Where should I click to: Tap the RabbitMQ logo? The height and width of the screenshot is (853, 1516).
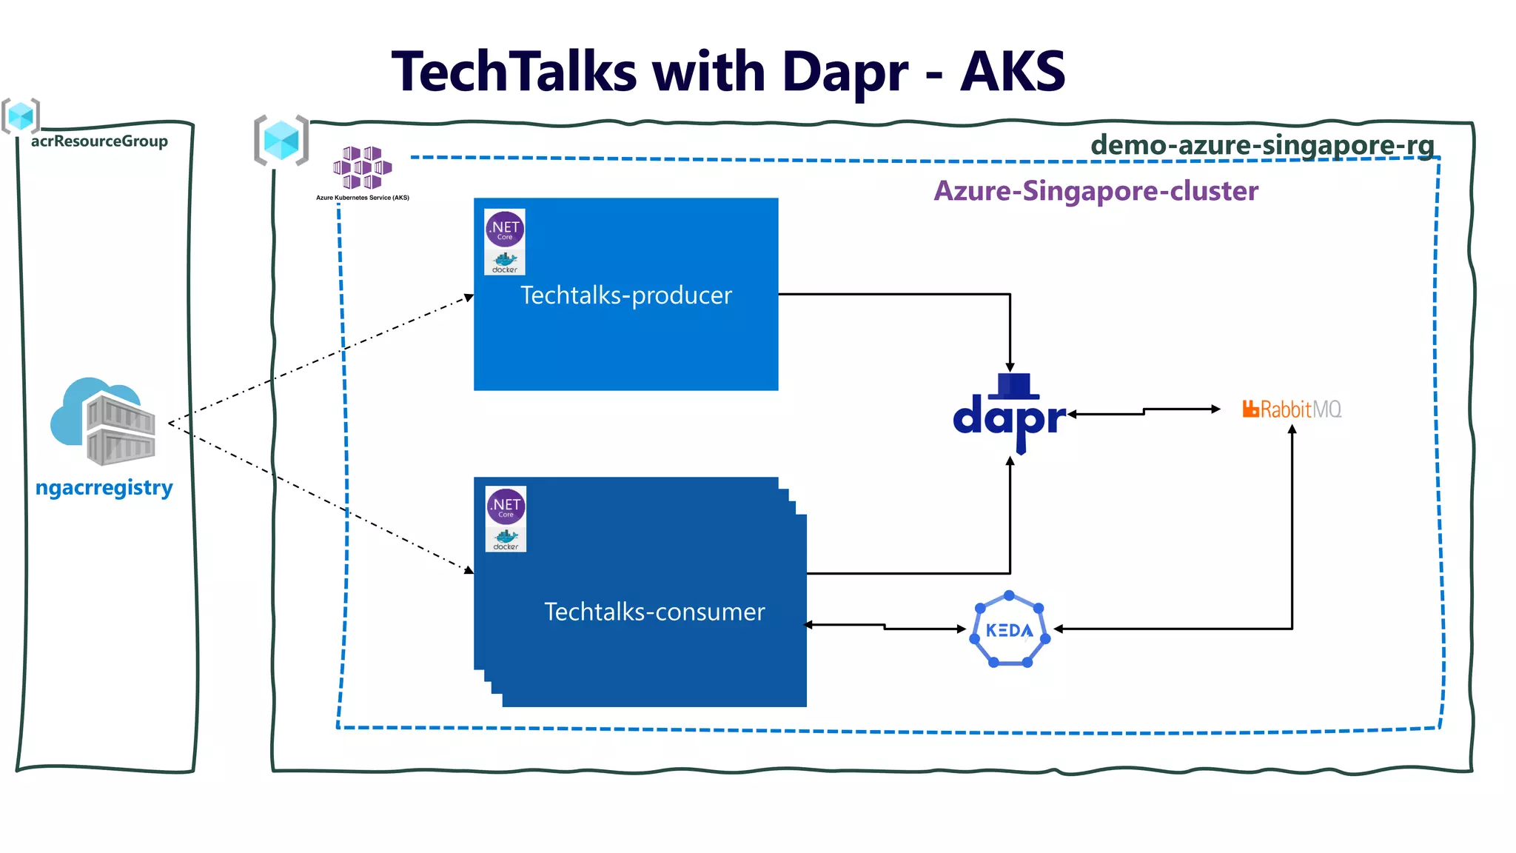point(1292,409)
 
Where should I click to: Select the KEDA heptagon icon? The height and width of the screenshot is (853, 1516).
point(1010,630)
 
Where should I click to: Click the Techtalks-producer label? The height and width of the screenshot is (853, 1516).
point(625,295)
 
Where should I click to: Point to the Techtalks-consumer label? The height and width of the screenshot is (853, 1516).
point(654,612)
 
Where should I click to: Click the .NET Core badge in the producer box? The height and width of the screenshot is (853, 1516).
point(505,229)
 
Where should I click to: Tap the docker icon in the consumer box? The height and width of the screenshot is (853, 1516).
point(506,539)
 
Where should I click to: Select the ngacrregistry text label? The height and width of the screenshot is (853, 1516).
point(104,488)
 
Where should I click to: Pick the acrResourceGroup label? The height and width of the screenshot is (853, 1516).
point(99,141)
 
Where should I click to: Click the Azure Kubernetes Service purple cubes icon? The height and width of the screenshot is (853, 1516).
point(362,167)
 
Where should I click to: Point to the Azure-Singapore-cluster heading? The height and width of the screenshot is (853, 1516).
point(1096,191)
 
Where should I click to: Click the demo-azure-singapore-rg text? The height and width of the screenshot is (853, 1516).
point(1262,144)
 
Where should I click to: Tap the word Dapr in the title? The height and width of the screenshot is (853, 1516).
point(845,73)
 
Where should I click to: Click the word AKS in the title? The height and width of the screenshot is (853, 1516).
point(1013,73)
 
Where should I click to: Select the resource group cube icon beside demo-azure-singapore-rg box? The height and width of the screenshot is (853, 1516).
point(281,140)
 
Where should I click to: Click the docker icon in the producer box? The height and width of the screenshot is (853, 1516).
point(505,262)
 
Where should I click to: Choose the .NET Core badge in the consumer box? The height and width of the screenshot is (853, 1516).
point(506,506)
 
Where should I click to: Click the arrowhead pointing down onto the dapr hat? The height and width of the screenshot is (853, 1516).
point(1010,367)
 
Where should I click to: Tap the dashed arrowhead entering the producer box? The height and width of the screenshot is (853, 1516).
point(469,298)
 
